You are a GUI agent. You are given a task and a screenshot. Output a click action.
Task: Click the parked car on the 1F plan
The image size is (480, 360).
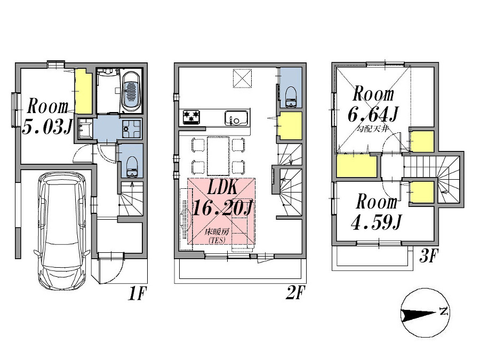tap(62, 231)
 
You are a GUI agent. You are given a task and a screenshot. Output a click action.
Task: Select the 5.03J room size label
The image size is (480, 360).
tap(47, 126)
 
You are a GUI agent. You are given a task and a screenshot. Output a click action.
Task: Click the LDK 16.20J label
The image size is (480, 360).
tap(222, 198)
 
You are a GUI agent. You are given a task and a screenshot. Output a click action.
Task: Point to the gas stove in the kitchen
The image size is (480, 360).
tap(191, 117)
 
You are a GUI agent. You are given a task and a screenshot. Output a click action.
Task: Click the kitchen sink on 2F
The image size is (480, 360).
tap(236, 118)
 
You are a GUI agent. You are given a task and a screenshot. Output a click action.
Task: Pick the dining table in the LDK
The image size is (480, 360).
tap(218, 156)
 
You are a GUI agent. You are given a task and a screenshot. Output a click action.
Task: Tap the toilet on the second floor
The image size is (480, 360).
tap(291, 97)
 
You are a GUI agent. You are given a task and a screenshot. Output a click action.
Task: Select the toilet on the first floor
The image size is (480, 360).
tap(132, 167)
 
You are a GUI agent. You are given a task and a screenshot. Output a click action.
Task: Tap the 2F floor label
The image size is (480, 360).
tap(295, 293)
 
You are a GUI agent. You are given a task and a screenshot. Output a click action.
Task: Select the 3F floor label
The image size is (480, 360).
tap(429, 256)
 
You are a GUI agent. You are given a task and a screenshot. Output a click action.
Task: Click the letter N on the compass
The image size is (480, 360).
tap(443, 311)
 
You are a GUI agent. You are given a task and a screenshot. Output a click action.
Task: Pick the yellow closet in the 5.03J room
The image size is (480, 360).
tap(83, 91)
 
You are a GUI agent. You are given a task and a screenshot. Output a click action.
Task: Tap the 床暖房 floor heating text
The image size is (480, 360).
tap(217, 231)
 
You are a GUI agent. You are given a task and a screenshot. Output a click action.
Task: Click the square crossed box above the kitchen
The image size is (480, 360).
tap(243, 78)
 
